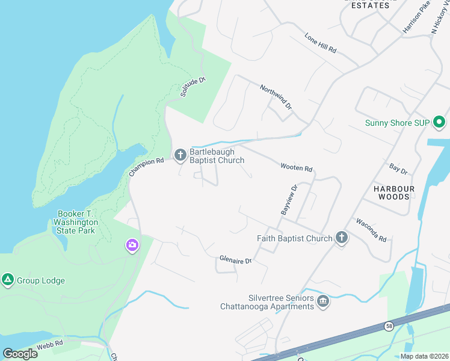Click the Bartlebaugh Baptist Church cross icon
click(x=180, y=155)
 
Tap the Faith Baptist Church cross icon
click(x=341, y=238)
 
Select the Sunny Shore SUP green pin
click(x=439, y=123)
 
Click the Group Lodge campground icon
click(x=8, y=280)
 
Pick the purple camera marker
click(x=132, y=245)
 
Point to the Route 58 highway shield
click(x=389, y=326)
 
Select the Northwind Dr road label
click(x=276, y=96)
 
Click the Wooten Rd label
click(x=297, y=167)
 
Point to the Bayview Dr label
click(x=289, y=200)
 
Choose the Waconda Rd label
click(x=371, y=230)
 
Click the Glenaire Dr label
click(x=235, y=259)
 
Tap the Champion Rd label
click(x=146, y=167)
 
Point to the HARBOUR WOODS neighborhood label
click(x=393, y=193)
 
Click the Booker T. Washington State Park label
click(x=76, y=222)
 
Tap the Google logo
click(x=20, y=354)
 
